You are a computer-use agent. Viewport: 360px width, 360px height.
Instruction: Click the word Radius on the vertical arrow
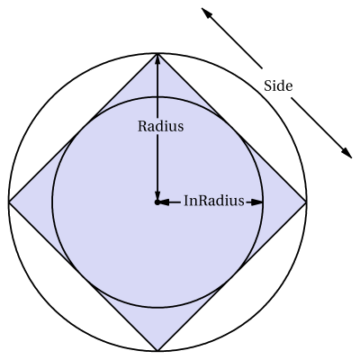(x=160, y=126)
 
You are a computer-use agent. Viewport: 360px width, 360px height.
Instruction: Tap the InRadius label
(x=214, y=201)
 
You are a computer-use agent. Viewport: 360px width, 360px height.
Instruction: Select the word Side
(x=278, y=86)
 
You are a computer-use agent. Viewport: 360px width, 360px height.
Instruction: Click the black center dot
(x=157, y=202)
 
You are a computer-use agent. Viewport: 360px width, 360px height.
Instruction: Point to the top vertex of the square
(x=157, y=54)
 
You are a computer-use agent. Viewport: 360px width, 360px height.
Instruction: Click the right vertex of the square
(x=306, y=202)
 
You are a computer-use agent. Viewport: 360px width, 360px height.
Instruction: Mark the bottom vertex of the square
(x=157, y=351)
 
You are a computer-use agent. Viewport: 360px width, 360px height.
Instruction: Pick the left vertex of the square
(x=9, y=202)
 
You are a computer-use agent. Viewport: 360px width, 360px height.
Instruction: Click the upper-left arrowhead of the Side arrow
(x=205, y=13)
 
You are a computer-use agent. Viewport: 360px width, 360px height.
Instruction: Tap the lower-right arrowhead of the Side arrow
(x=347, y=153)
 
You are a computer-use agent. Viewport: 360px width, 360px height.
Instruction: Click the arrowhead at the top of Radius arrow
(x=157, y=59)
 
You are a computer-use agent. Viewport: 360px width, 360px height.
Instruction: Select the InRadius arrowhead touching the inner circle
(x=256, y=202)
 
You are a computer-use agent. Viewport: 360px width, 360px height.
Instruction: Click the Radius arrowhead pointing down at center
(x=157, y=195)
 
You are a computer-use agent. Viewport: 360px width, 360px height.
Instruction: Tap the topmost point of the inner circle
(x=157, y=97)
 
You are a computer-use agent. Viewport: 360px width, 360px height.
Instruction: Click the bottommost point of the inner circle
(x=157, y=307)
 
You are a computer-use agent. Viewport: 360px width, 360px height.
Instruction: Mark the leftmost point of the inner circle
(x=52, y=202)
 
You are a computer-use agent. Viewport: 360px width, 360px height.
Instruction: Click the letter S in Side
(x=267, y=86)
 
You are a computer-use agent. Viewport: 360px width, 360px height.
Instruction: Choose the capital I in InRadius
(x=186, y=201)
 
